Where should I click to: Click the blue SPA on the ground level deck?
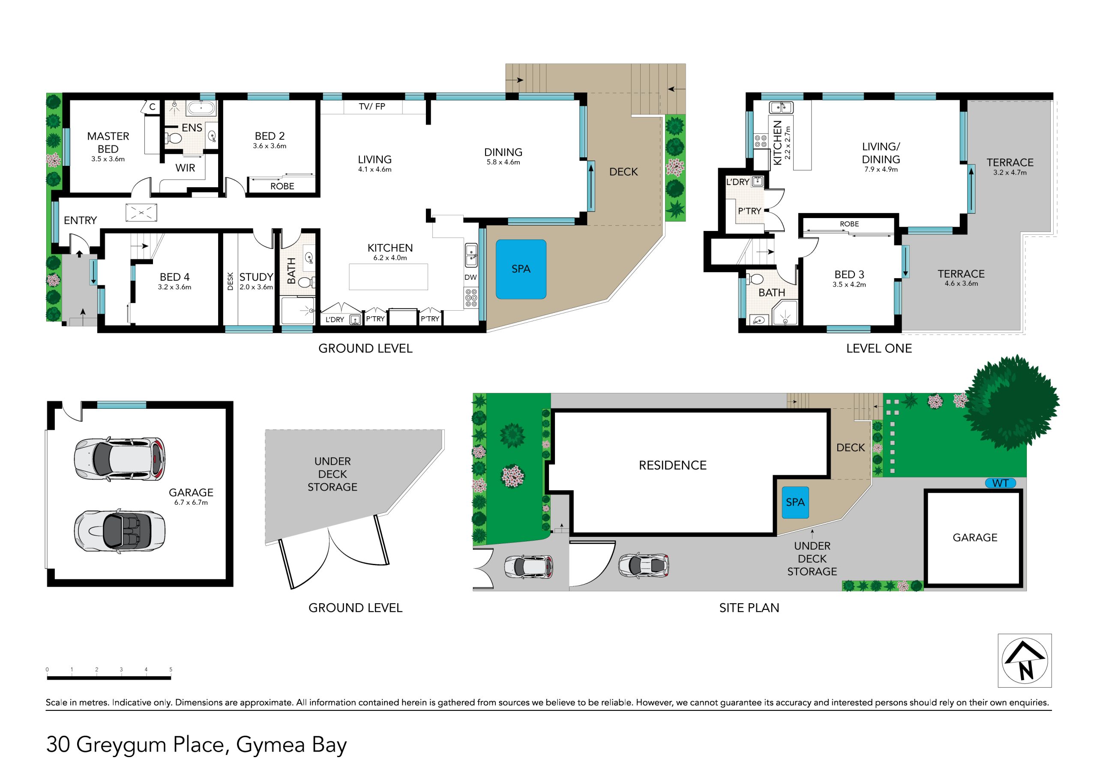click(521, 269)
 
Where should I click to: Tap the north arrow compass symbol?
click(1025, 660)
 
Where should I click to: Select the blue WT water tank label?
click(1000, 483)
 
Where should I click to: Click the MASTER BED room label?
click(108, 142)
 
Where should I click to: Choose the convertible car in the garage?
click(120, 531)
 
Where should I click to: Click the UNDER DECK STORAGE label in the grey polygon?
click(333, 474)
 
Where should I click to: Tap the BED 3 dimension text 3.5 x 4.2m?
click(849, 285)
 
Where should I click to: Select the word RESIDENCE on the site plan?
click(673, 465)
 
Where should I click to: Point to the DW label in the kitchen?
click(471, 277)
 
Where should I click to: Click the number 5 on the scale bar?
click(171, 669)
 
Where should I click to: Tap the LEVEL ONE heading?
click(879, 348)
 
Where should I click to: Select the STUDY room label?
click(256, 277)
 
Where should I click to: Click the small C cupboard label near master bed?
click(153, 107)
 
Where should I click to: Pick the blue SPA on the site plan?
click(795, 502)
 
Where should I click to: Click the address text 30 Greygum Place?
click(134, 744)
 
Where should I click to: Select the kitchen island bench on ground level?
click(388, 277)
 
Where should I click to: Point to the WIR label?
click(186, 168)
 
